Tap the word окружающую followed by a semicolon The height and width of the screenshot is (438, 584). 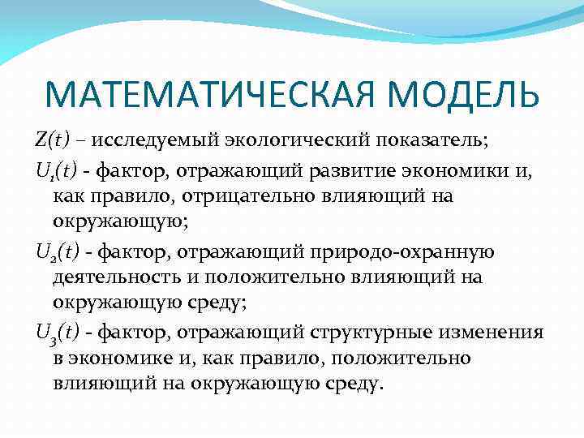tap(103, 222)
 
